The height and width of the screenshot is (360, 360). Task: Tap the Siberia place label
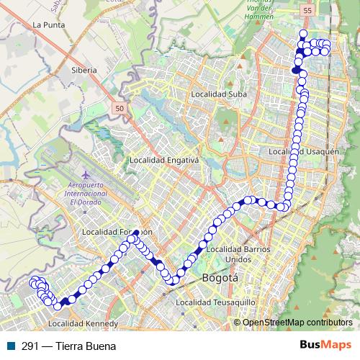pyautogui.click(x=84, y=71)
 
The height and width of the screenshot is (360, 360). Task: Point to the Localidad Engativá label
pyautogui.click(x=163, y=160)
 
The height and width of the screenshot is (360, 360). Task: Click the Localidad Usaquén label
pyautogui.click(x=303, y=151)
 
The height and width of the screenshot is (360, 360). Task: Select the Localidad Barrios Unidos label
pyautogui.click(x=238, y=253)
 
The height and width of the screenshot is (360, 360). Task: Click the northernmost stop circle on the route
pyautogui.click(x=303, y=34)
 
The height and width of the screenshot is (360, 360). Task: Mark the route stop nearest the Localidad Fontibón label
pyautogui.click(x=136, y=233)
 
